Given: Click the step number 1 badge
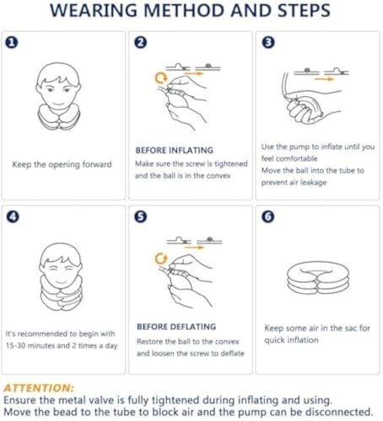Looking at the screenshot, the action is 12,43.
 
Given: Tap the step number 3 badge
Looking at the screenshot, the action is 268,43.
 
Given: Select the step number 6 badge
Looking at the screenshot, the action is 268,217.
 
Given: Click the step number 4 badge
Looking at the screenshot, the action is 13,217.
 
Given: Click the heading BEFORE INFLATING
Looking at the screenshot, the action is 175,151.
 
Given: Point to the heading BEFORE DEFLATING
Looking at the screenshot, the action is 176,327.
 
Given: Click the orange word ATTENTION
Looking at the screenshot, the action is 39,388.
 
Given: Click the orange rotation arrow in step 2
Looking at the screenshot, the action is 161,77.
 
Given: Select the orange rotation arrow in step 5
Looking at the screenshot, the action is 161,258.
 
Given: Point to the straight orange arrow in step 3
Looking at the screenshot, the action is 324,79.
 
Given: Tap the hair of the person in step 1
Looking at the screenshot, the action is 58,72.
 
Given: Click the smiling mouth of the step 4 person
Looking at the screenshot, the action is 61,281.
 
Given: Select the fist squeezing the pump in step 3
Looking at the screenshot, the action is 299,111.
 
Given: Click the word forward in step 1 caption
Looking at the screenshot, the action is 97,164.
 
